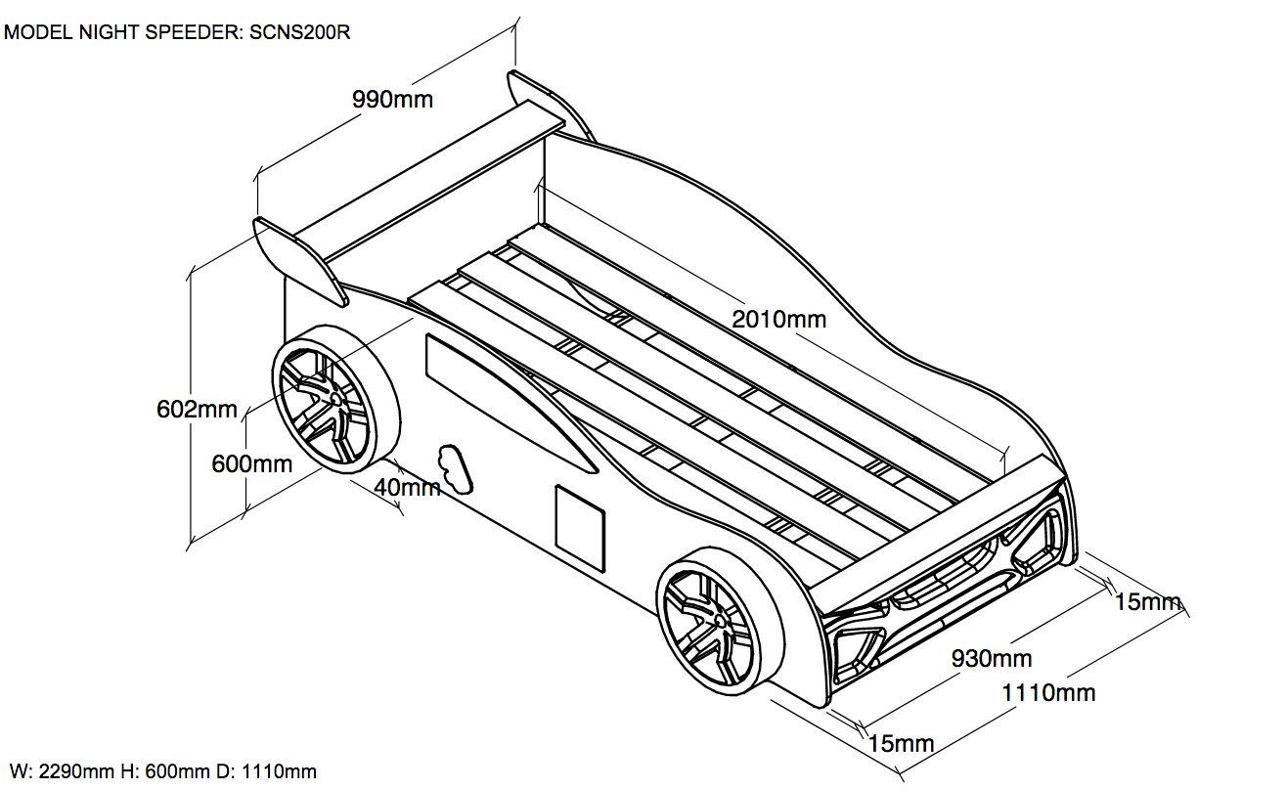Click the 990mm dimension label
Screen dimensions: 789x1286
tap(393, 100)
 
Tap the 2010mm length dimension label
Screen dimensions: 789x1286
tap(778, 319)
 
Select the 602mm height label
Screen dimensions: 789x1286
tap(197, 409)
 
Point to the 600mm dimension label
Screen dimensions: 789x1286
tap(251, 463)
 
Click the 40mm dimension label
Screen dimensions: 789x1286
tap(407, 486)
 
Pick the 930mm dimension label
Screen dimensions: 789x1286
tap(992, 659)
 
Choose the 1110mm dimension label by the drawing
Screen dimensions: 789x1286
tap(1048, 693)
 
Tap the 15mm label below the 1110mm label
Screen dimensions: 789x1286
tap(901, 744)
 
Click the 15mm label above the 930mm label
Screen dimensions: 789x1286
tap(1148, 602)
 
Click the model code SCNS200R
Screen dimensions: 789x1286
tap(300, 32)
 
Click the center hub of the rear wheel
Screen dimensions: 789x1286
tap(335, 400)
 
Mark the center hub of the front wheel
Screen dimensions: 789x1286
tap(721, 621)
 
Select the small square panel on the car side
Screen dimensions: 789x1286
tap(580, 519)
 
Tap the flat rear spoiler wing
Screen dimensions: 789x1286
tap(430, 181)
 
